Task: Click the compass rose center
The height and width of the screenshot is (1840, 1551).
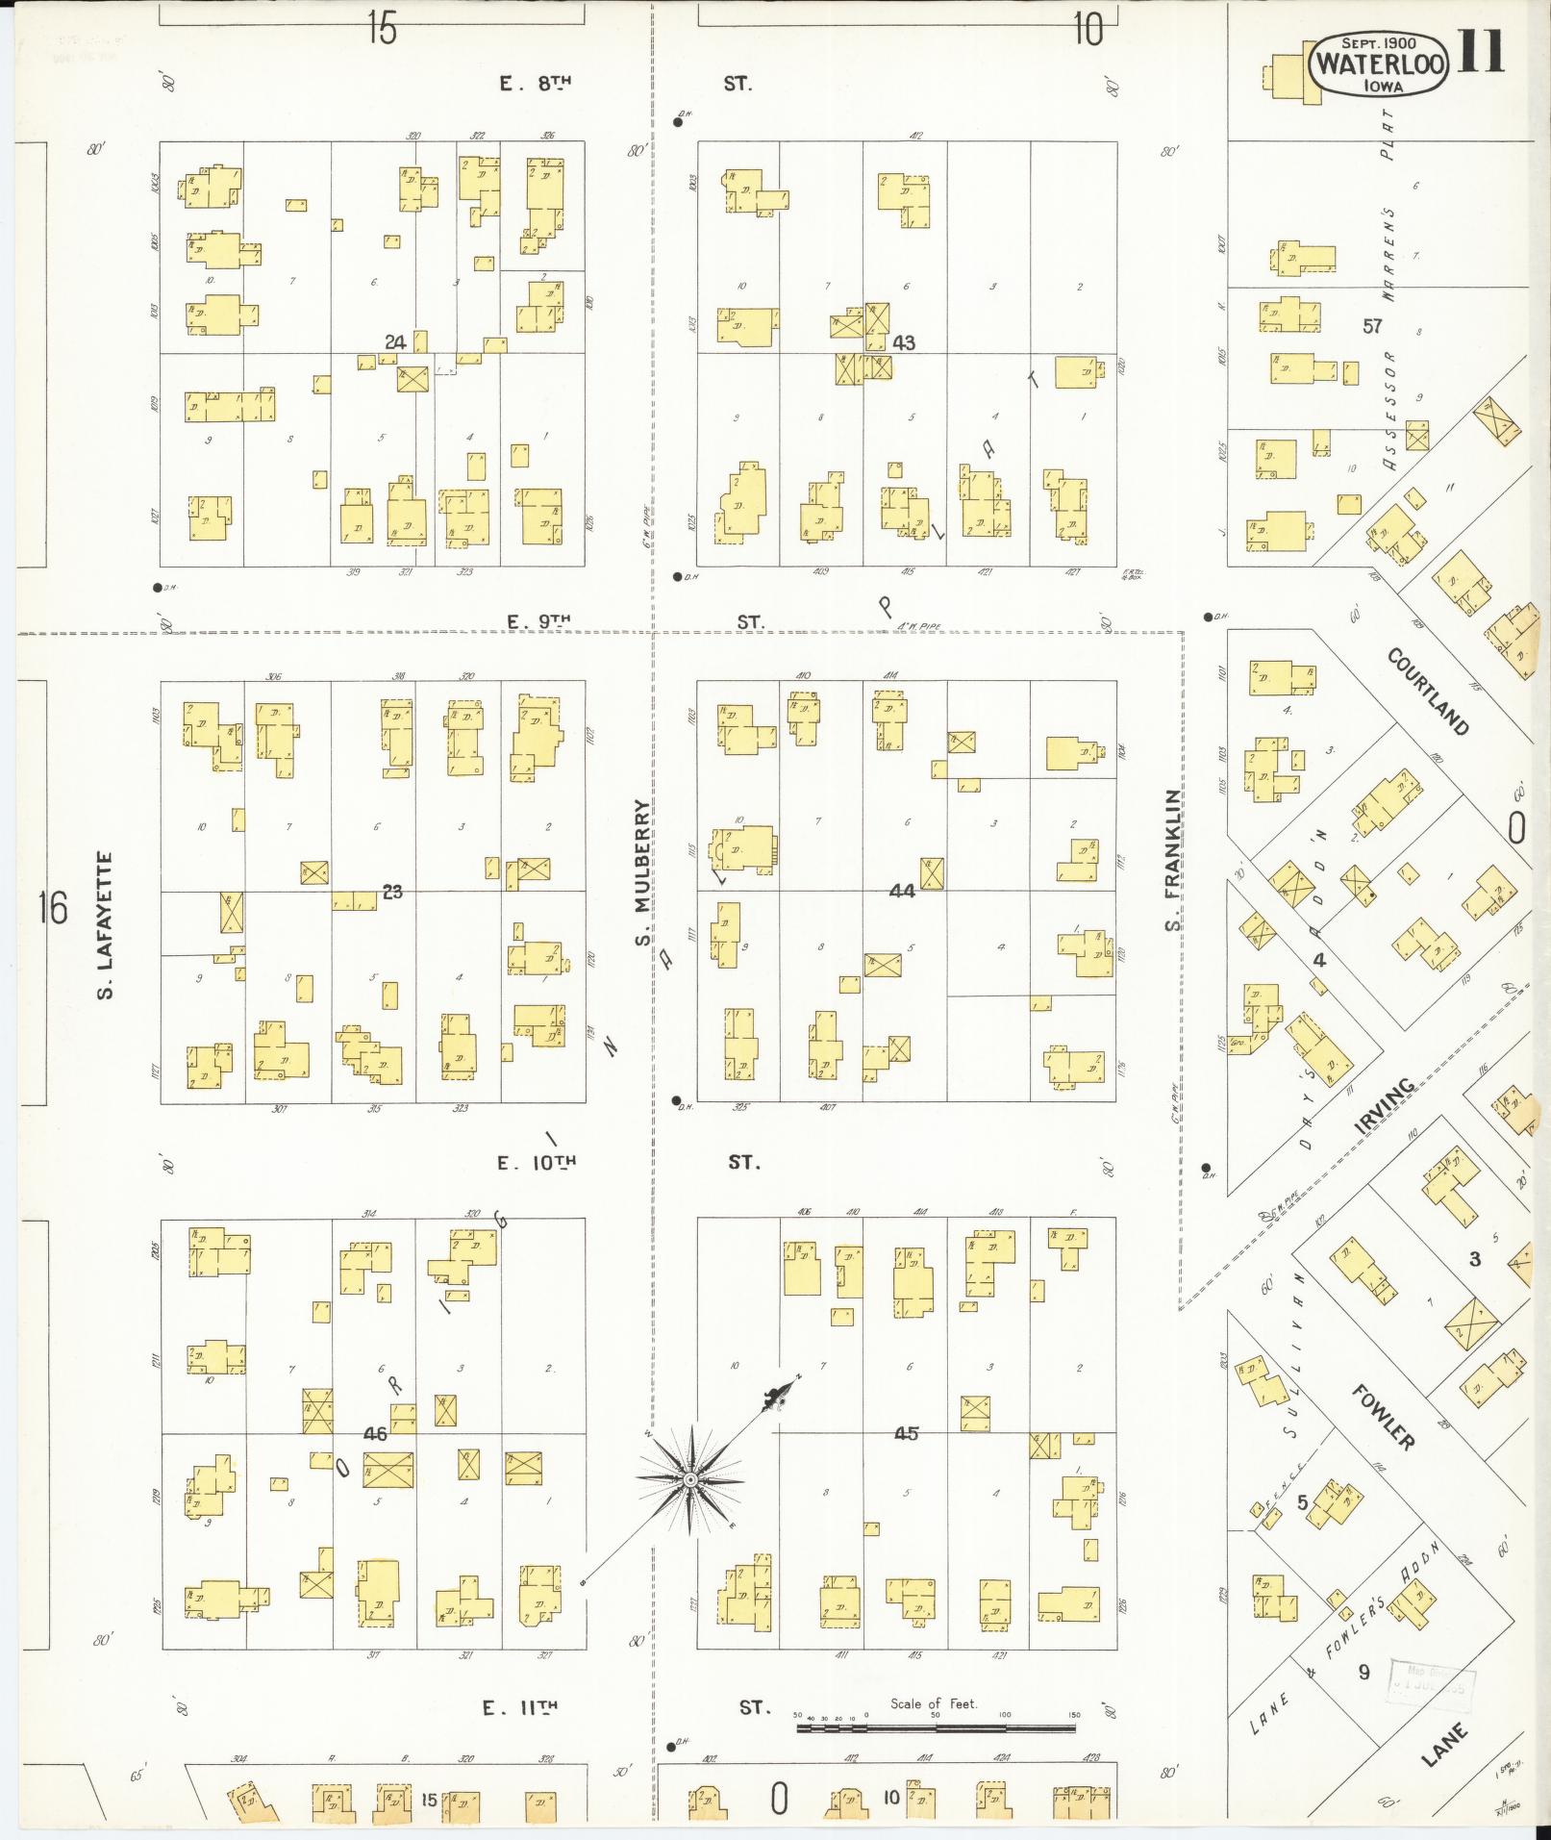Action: coord(689,1478)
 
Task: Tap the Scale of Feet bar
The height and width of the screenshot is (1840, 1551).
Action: coord(935,1728)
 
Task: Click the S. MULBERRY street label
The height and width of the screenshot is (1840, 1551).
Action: coord(643,871)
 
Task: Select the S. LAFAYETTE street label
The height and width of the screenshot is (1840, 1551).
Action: coord(105,924)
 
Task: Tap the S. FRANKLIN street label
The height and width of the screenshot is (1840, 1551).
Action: coord(1171,860)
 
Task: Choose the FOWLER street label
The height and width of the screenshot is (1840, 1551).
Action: coord(1383,1417)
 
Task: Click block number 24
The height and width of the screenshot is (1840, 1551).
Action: coord(394,341)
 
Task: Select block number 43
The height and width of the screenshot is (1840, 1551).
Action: coord(903,342)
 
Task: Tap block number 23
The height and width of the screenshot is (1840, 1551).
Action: coord(391,892)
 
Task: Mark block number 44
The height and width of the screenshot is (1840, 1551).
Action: coord(901,891)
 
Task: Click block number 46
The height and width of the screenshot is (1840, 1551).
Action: coord(375,1434)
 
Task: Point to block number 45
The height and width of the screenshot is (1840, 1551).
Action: coord(905,1433)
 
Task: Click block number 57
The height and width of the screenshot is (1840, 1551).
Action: coord(1371,326)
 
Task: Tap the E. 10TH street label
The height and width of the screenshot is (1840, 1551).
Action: coord(536,1163)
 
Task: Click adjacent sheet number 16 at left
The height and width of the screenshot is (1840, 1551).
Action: coord(54,907)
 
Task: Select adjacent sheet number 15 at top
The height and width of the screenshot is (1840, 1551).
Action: coord(381,31)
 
